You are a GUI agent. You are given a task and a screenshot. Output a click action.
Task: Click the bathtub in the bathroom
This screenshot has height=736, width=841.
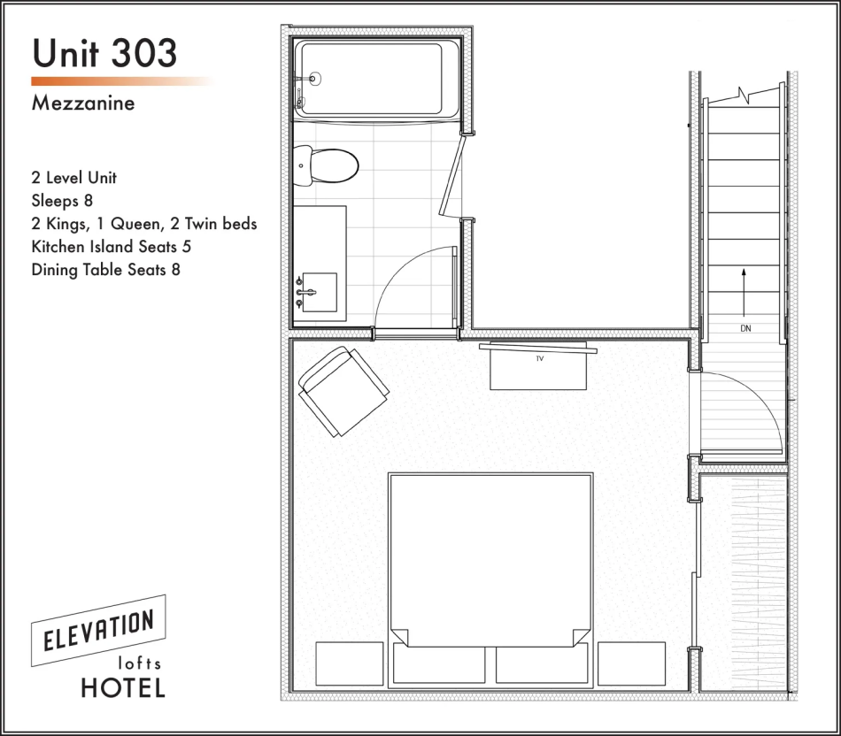pyautogui.click(x=376, y=79)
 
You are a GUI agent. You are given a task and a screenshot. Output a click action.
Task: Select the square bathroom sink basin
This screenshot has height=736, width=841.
pyautogui.click(x=320, y=292)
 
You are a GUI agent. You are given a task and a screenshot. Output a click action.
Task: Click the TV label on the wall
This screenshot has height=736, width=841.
pyautogui.click(x=540, y=358)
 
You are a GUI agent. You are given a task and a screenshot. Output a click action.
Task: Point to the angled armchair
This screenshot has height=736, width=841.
pyautogui.click(x=343, y=391)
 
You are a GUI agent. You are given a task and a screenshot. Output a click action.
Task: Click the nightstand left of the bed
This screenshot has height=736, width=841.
pyautogui.click(x=349, y=663)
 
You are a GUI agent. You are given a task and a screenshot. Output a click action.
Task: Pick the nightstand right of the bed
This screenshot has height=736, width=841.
pyautogui.click(x=631, y=663)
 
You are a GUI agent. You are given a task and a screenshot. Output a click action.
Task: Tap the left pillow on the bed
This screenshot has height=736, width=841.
pyautogui.click(x=439, y=663)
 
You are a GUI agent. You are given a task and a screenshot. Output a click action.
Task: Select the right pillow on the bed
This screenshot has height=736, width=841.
pyautogui.click(x=542, y=663)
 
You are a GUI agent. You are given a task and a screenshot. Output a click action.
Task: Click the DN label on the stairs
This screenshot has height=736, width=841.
pyautogui.click(x=745, y=328)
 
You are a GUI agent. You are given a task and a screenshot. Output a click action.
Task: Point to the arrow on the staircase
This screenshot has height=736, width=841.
pyautogui.click(x=744, y=293)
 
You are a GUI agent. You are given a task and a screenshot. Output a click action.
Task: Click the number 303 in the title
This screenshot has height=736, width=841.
pyautogui.click(x=143, y=53)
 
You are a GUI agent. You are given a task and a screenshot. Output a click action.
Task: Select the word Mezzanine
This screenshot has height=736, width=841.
pyautogui.click(x=83, y=103)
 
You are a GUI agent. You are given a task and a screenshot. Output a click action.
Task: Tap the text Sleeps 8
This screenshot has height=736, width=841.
pyautogui.click(x=62, y=201)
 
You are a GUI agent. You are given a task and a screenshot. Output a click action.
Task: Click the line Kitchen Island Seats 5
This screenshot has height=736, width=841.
pyautogui.click(x=112, y=247)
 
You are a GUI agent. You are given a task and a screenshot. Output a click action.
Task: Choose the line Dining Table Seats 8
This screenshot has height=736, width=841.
pyautogui.click(x=106, y=270)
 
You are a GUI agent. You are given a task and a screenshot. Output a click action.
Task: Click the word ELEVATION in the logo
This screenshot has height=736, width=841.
pyautogui.click(x=98, y=631)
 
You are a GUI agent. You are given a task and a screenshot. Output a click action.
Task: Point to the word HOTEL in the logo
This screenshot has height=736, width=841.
pyautogui.click(x=123, y=687)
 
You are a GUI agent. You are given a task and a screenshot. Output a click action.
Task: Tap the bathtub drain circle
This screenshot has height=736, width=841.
pyautogui.click(x=315, y=79)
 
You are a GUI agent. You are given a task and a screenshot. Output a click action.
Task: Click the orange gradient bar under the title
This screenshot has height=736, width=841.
pyautogui.click(x=123, y=81)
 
